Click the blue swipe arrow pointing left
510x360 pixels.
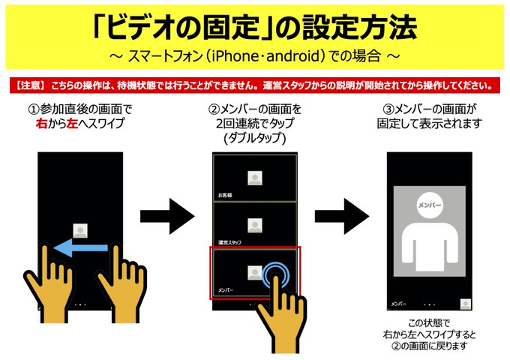(81, 247)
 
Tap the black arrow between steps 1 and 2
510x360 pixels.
(167, 216)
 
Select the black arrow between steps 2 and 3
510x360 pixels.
(342, 216)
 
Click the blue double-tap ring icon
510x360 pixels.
(276, 276)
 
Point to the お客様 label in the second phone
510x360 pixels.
(225, 196)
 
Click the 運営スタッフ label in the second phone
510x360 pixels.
(229, 242)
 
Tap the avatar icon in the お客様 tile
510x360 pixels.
(255, 178)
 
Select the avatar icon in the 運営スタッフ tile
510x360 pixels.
(255, 225)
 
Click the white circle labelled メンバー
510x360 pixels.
(429, 205)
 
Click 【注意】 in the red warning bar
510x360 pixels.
(30, 85)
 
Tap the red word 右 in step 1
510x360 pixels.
(42, 124)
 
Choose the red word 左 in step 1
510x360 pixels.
(72, 124)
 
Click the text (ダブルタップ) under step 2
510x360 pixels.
(255, 138)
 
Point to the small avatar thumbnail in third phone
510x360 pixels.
(466, 304)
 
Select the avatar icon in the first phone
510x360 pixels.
(80, 230)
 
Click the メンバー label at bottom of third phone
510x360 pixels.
(398, 304)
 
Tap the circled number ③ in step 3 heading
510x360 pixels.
(388, 109)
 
